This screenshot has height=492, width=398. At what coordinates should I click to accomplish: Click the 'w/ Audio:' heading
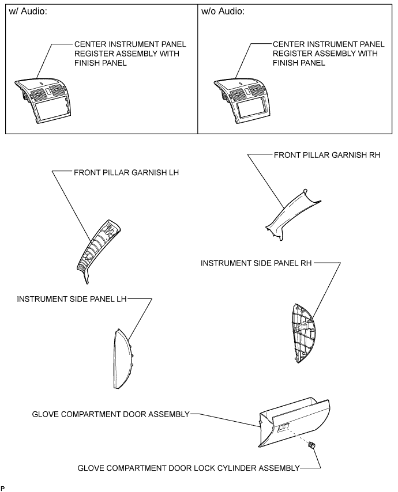pyautogui.click(x=27, y=12)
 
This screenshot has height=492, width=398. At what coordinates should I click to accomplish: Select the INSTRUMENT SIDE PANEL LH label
pyautogui.click(x=71, y=299)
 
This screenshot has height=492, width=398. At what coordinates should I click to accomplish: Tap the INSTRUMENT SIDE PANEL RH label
pyautogui.click(x=256, y=263)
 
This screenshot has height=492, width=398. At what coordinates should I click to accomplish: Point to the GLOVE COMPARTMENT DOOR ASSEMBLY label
pyautogui.click(x=111, y=414)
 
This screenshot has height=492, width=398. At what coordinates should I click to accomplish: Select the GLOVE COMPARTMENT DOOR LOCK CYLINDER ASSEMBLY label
pyautogui.click(x=189, y=468)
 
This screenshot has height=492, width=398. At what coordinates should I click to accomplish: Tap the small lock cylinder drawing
pyautogui.click(x=312, y=445)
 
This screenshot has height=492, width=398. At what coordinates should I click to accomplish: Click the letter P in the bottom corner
pyautogui.click(x=3, y=487)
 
